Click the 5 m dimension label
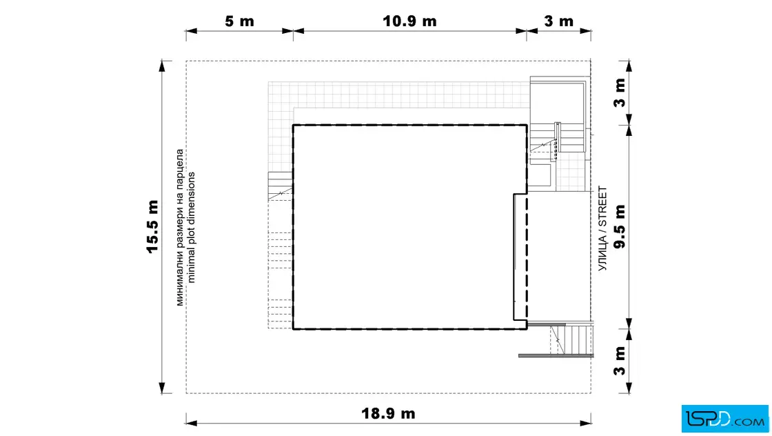239,21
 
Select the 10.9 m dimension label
409,21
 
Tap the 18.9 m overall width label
388,413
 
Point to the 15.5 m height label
152,226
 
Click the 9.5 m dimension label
620,226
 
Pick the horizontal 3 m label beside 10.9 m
559,21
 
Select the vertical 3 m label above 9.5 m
620,92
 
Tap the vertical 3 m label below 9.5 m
620,361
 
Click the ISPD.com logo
724,419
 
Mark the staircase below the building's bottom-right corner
571,339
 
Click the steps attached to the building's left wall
280,186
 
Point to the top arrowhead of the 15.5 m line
162,66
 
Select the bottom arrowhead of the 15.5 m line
162,388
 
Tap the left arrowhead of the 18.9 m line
192,423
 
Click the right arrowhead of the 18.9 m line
585,423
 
